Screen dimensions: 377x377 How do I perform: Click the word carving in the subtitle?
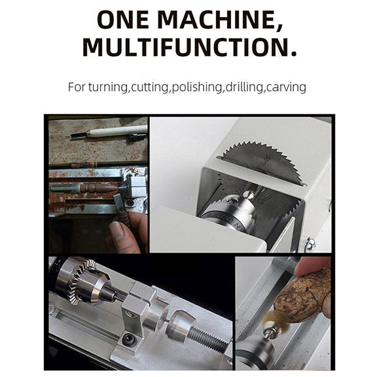click(286, 87)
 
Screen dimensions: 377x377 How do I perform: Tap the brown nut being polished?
click(301, 296)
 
